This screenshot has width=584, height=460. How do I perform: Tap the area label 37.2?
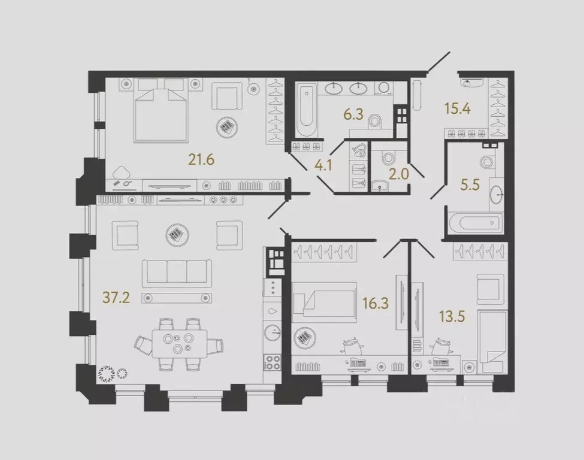tap(115, 298)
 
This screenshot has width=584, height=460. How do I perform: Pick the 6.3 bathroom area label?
tap(354, 114)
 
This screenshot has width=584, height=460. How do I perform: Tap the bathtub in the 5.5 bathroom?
tap(473, 223)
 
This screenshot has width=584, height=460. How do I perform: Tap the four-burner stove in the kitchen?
tap(273, 363)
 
